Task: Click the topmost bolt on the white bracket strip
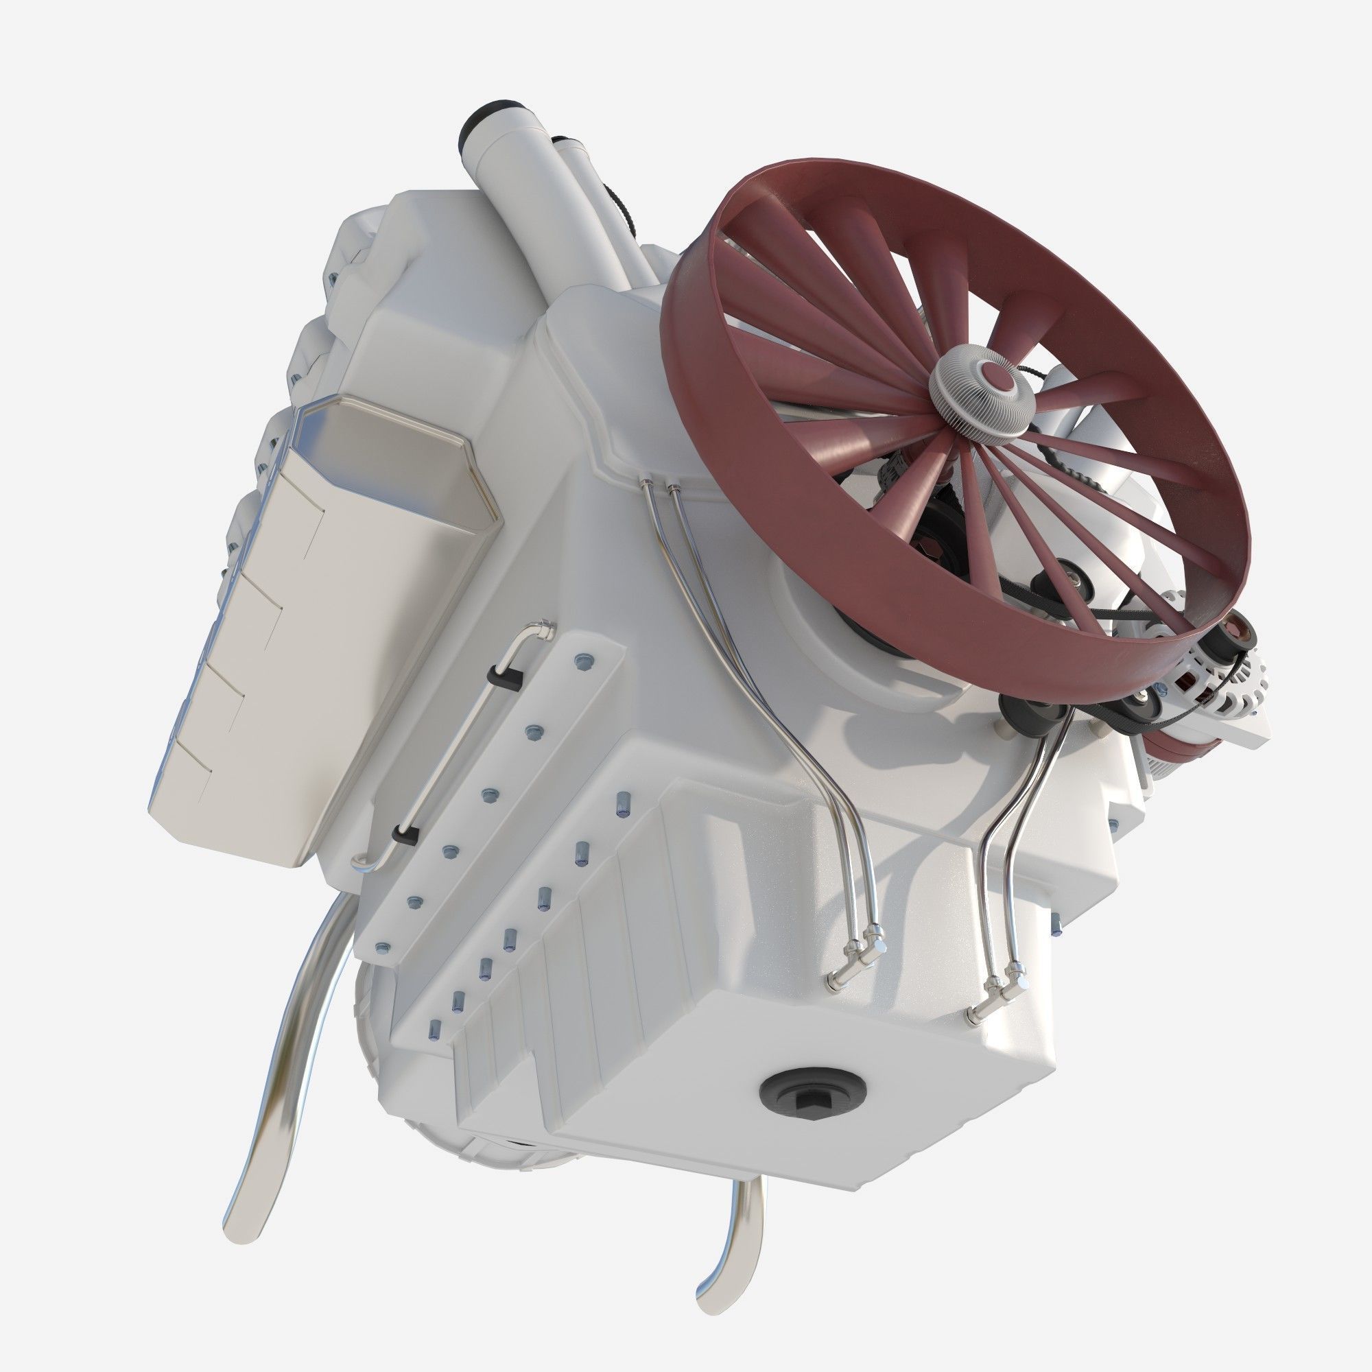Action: [584, 661]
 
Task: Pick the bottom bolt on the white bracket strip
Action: [383, 946]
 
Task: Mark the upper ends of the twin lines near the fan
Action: [657, 486]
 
